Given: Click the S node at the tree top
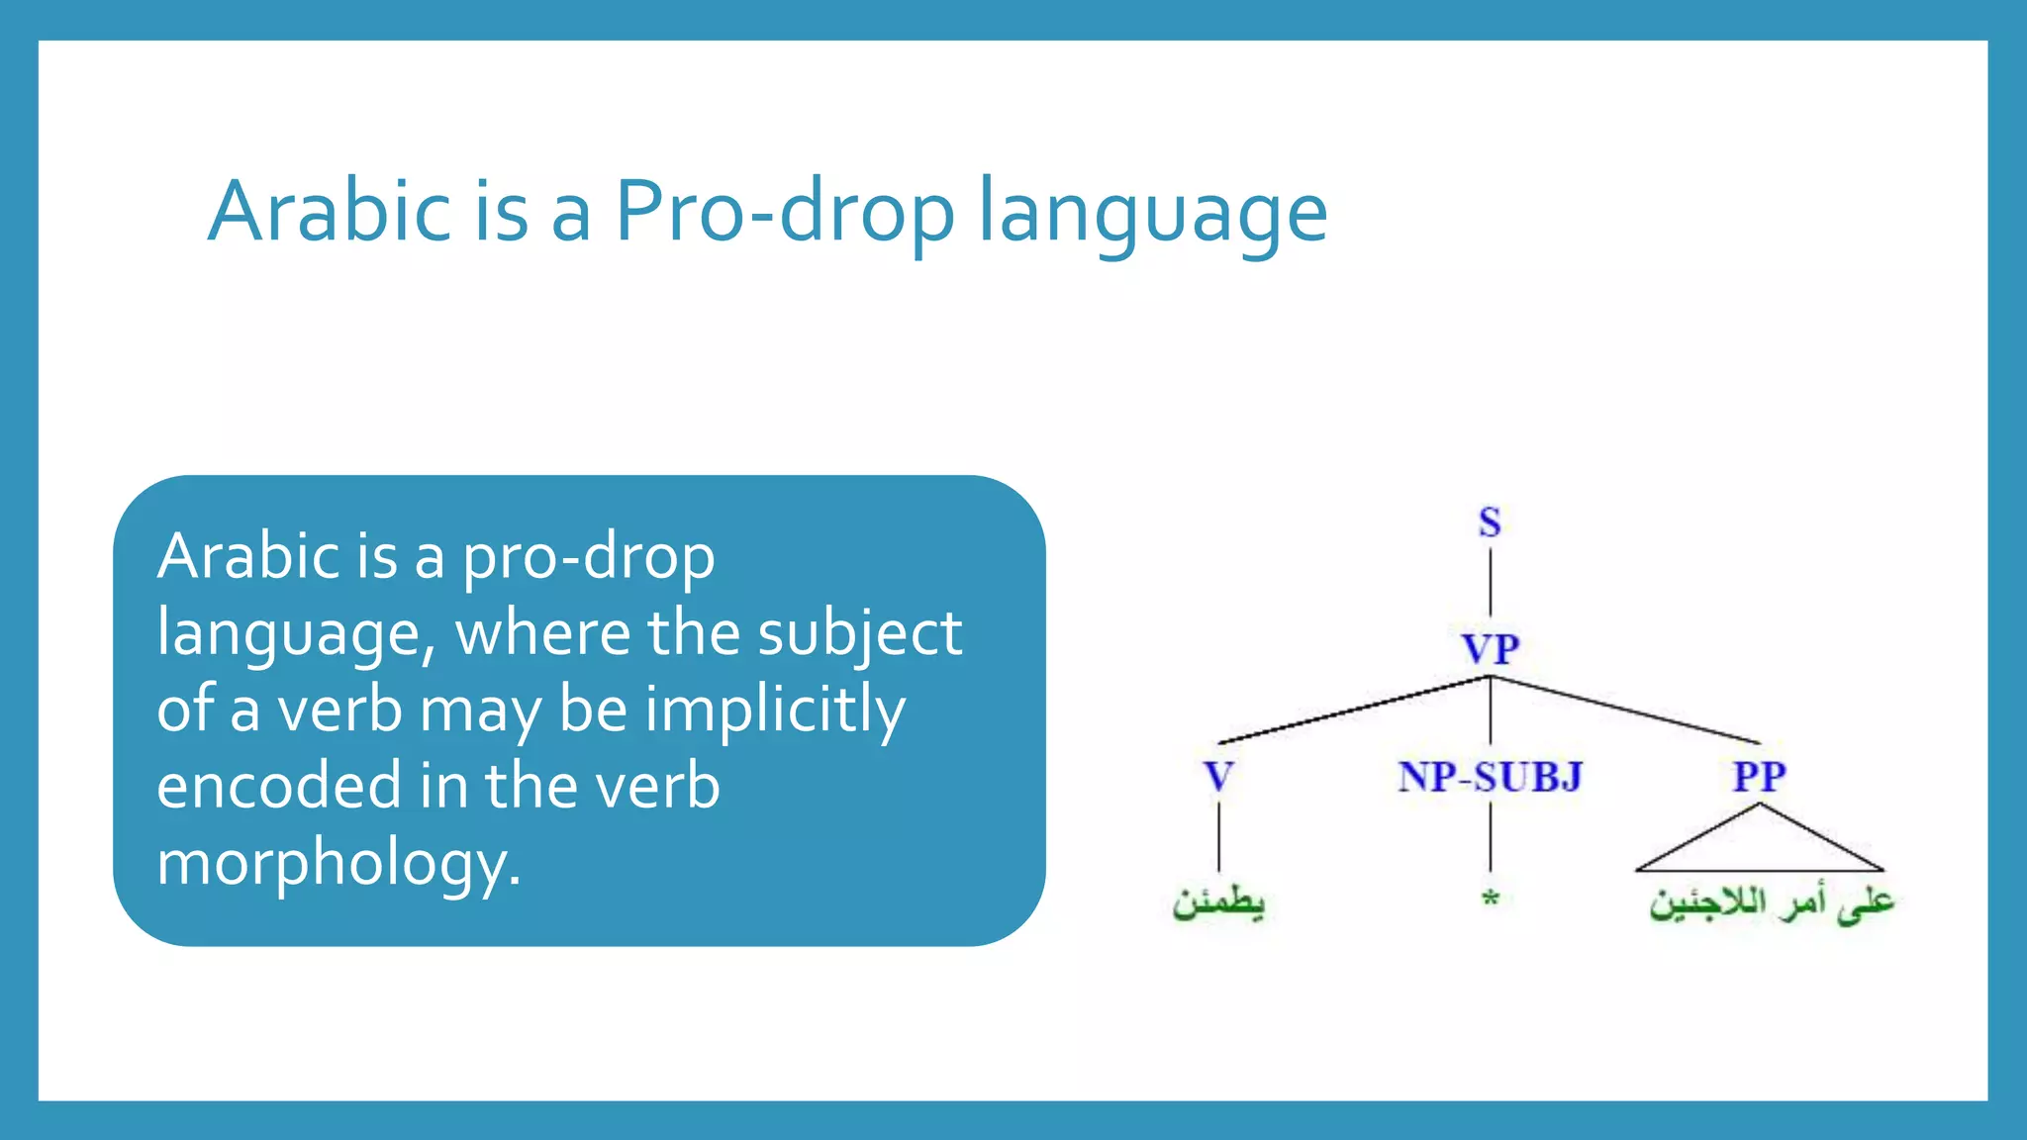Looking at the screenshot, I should coord(1490,522).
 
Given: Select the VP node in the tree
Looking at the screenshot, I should coord(1490,649).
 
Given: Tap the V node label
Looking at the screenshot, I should coord(1218,777).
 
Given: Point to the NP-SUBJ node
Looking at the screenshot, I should coord(1490,777).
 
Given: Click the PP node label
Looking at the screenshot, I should coord(1759,777).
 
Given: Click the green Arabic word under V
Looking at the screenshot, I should coord(1218,902).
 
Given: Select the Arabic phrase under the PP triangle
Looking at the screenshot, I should coord(1771,903).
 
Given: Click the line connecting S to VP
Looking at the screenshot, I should coord(1491,584).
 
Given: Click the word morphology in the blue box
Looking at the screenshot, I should coord(338,863).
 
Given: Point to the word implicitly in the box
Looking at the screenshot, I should coord(775,711).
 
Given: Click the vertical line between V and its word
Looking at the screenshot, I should coord(1218,836).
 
